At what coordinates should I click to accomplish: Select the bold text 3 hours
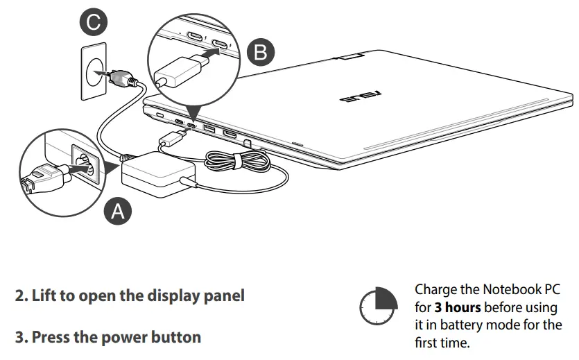click(x=458, y=307)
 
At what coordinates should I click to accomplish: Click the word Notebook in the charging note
click(x=507, y=289)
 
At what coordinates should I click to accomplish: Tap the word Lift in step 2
click(x=42, y=295)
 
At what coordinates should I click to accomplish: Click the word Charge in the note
click(x=435, y=289)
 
